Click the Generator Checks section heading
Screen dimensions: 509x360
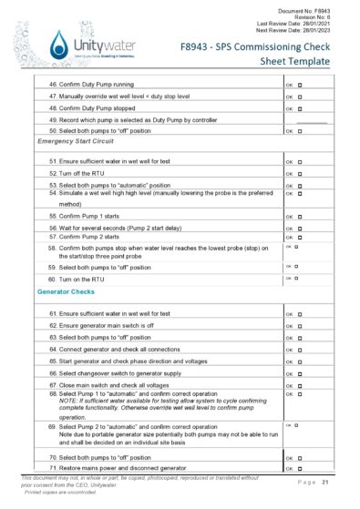[x=66, y=292]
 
